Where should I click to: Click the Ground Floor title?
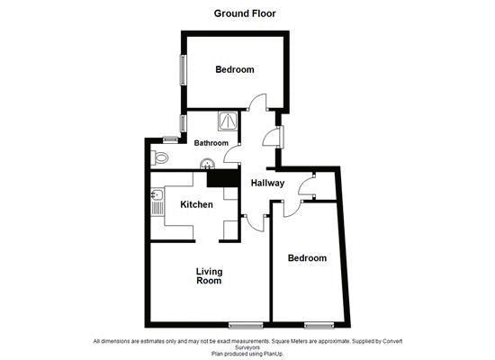[245, 13]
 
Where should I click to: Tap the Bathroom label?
[211, 143]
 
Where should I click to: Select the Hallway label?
[267, 183]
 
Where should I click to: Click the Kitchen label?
[197, 205]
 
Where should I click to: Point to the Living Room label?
[209, 275]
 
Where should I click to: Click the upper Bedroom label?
[234, 69]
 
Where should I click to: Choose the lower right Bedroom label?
[307, 258]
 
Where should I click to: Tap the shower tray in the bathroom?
[229, 121]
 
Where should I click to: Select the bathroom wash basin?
[208, 164]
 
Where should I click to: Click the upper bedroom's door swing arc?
[257, 102]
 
